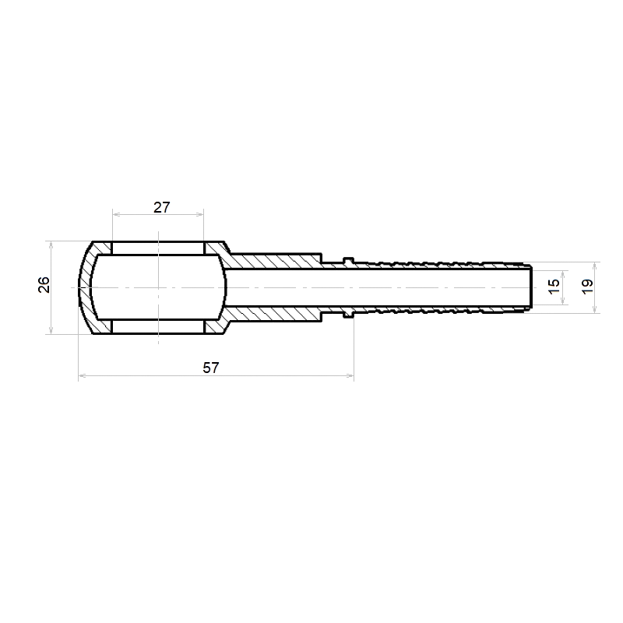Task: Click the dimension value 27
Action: [162, 207]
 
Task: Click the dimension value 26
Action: [44, 284]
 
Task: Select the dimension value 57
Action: [210, 368]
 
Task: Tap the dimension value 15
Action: [554, 286]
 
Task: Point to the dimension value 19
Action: [587, 286]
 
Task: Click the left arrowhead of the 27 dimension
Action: [116, 215]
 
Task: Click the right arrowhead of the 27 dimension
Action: [200, 215]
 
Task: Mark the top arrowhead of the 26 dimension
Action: [51, 245]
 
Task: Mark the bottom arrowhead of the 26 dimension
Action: [51, 330]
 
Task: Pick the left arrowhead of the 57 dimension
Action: [82, 375]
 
